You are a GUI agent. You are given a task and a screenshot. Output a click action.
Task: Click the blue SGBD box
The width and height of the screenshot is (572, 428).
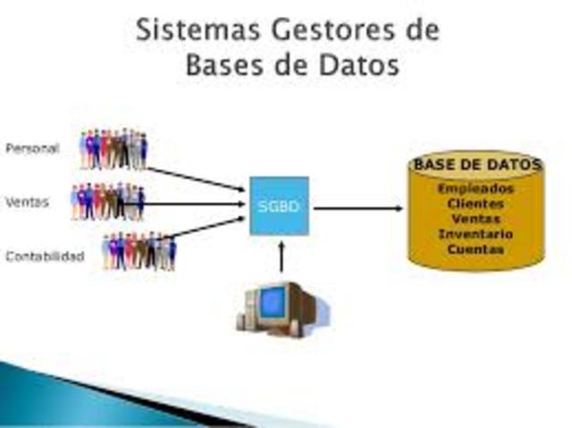tap(279, 206)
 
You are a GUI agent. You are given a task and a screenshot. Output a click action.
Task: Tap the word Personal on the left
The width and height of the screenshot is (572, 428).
tap(32, 148)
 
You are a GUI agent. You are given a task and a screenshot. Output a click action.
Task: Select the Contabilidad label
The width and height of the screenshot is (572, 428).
tap(45, 256)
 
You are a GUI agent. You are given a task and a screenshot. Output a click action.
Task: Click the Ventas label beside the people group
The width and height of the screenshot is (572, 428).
tap(27, 203)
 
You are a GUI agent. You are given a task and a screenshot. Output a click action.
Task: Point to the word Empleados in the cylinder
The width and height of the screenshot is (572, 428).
tap(475, 189)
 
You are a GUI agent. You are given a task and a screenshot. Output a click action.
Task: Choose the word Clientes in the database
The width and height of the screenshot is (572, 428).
tap(475, 204)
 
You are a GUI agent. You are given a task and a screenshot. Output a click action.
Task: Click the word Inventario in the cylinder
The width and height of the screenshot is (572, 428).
tap(475, 234)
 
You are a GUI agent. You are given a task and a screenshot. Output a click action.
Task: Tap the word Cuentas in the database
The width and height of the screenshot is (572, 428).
tap(475, 249)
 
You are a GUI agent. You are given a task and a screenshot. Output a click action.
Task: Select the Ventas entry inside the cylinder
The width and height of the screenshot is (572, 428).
tap(475, 219)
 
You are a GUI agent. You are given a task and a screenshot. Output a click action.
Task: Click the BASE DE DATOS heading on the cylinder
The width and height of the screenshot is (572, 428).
tap(476, 165)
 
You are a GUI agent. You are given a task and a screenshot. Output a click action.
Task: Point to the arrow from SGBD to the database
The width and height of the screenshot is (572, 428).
tap(357, 208)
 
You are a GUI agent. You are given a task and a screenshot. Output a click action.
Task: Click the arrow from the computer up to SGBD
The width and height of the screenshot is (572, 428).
tap(281, 256)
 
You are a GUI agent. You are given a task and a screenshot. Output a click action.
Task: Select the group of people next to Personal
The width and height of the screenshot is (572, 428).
tap(114, 149)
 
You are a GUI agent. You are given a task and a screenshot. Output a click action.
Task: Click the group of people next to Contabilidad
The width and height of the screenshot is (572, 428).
tap(139, 252)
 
